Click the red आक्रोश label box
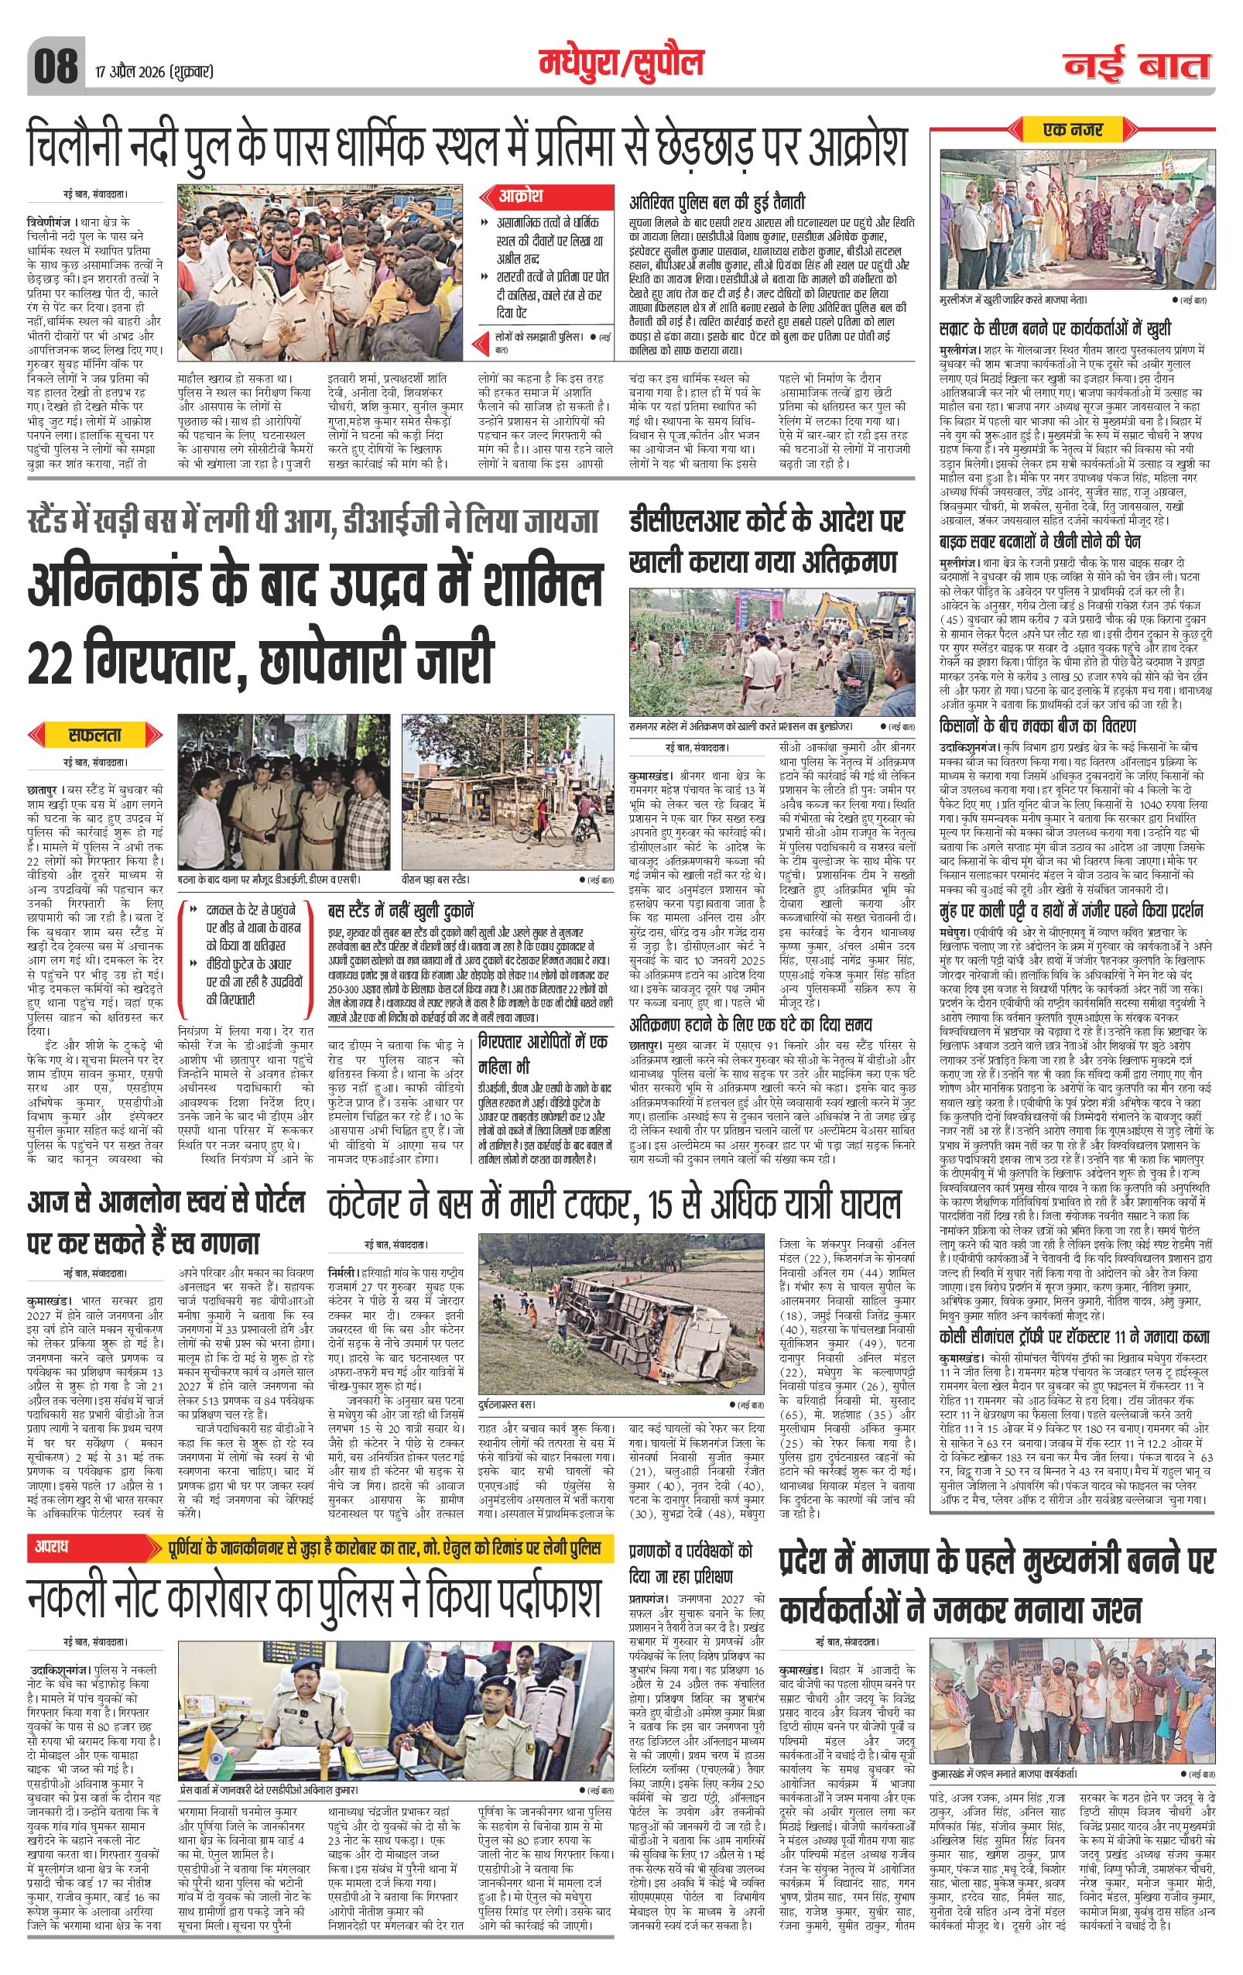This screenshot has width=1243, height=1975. (x=522, y=197)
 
